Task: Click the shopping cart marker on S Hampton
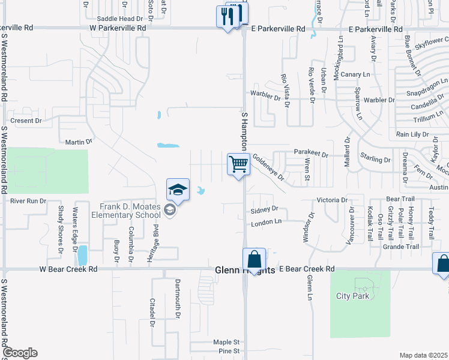coord(239,163)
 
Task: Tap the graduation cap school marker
coord(178,190)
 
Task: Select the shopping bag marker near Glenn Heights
coord(255,260)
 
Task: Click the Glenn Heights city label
coord(245,271)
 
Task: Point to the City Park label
coord(352,296)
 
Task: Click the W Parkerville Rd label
coord(118,28)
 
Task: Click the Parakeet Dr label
coord(311,154)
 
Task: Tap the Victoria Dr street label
coord(333,199)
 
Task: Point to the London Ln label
coord(265,221)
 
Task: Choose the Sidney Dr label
coord(265,209)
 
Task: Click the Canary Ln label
coord(357,74)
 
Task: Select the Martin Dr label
coord(79,142)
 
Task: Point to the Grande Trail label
coord(400,247)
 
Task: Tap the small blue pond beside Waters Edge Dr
coord(82,255)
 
